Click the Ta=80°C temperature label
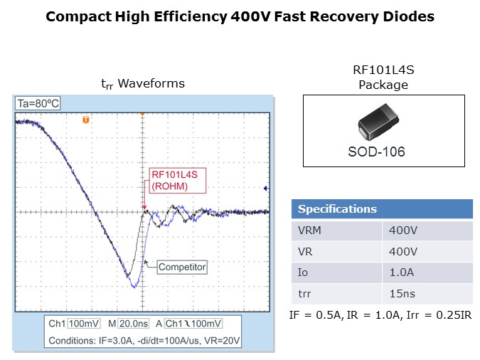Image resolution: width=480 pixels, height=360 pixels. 38,104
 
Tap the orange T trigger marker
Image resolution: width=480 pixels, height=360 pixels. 86,120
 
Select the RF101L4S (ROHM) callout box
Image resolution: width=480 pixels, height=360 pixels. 178,181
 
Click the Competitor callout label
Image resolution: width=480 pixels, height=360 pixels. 182,267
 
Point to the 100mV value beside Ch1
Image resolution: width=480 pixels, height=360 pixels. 84,324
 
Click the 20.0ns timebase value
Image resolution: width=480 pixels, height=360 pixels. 134,324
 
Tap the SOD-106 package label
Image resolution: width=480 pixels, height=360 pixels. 376,152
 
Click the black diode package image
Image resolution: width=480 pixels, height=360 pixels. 378,122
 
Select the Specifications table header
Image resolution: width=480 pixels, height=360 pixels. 382,209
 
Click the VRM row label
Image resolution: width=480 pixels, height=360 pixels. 309,231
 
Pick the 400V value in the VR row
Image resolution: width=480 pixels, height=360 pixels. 403,252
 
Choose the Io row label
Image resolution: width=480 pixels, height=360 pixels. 303,272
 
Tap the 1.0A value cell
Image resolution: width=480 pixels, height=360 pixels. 402,272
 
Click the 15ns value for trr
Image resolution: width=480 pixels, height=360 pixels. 402,294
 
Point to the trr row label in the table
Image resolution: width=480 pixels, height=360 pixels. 304,294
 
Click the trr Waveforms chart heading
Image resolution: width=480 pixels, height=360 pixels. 143,84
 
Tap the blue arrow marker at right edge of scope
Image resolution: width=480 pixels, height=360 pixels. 266,189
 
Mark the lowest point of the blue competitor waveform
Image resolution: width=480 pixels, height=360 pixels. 134,287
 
